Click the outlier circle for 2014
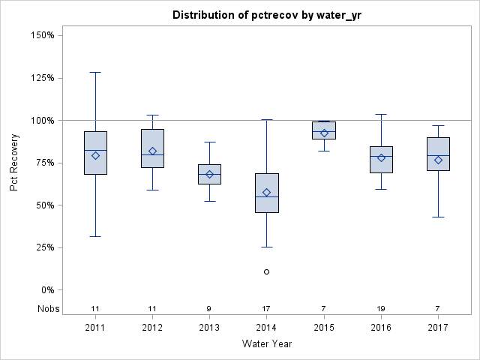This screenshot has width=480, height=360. click(x=266, y=271)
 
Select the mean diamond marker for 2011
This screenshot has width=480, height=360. click(x=95, y=155)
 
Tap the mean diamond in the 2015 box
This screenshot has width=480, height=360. click(x=324, y=133)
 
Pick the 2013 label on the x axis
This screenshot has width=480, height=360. click(x=209, y=328)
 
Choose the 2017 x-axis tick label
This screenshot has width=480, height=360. click(x=438, y=328)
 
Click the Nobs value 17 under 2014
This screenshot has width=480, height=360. click(x=266, y=309)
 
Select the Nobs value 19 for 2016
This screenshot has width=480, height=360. click(x=381, y=309)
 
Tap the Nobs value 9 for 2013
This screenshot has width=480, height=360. click(x=209, y=309)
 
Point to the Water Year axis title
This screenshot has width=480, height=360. click(x=266, y=344)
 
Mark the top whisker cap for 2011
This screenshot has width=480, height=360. click(x=95, y=72)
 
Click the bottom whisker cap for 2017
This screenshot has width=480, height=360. click(x=438, y=217)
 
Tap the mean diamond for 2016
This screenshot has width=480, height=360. click(x=381, y=157)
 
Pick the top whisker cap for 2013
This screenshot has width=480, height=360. click(x=209, y=142)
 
